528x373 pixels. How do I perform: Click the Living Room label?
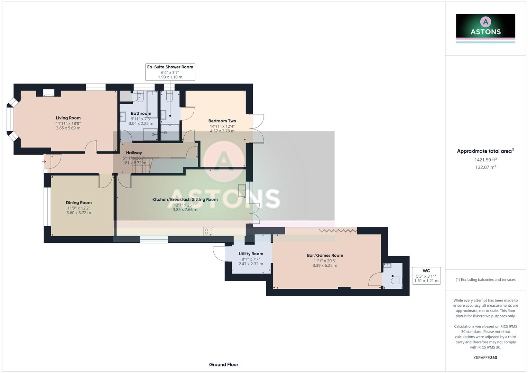point(68,118)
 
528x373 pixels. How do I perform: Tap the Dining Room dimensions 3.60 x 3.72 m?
point(79,213)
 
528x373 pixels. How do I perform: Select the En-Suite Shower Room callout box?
point(170,72)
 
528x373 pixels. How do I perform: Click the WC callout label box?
point(426,276)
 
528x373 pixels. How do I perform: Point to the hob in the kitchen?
point(209,231)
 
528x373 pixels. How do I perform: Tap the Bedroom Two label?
point(222,121)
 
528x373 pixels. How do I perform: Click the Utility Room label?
point(251,254)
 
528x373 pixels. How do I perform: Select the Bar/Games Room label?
point(325,256)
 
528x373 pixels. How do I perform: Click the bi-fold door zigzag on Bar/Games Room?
point(338,230)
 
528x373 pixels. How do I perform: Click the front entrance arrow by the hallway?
point(44,161)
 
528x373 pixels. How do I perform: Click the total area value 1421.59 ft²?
point(485,160)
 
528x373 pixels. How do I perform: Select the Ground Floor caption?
point(223,364)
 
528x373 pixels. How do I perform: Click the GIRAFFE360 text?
point(485,357)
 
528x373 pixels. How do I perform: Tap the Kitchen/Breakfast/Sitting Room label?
point(185,200)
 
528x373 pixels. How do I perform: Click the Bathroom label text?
point(141,114)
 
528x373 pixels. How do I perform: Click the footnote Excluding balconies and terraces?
point(485,280)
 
